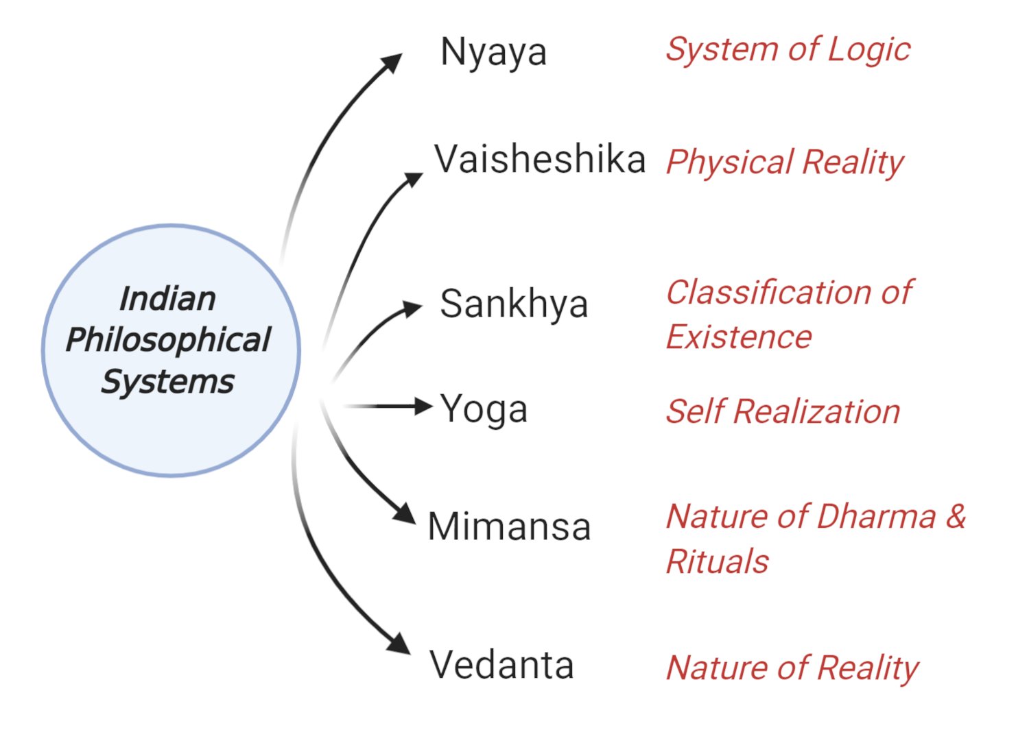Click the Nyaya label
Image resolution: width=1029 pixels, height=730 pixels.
pyautogui.click(x=493, y=52)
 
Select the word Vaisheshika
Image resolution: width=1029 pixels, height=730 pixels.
pyautogui.click(x=540, y=160)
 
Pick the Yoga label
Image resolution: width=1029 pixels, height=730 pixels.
pyautogui.click(x=484, y=410)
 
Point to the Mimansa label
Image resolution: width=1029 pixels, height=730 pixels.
pyautogui.click(x=509, y=527)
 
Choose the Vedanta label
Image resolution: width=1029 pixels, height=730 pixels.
pyautogui.click(x=501, y=665)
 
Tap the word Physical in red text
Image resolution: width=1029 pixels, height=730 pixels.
pyautogui.click(x=730, y=163)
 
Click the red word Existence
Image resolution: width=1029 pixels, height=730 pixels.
pyautogui.click(x=739, y=337)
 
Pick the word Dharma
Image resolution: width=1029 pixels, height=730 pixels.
pyautogui.click(x=876, y=516)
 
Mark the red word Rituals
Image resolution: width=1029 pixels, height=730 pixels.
pyautogui.click(x=718, y=561)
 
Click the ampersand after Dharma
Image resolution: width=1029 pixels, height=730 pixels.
pyautogui.click(x=956, y=515)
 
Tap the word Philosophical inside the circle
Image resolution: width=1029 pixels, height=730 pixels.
pyautogui.click(x=169, y=340)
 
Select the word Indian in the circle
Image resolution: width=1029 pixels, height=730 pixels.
pyautogui.click(x=167, y=299)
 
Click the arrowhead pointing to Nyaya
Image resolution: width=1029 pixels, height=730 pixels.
pyautogui.click(x=392, y=62)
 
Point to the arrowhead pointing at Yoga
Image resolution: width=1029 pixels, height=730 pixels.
pyautogui.click(x=422, y=406)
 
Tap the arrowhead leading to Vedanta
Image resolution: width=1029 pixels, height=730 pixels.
pyautogui.click(x=400, y=644)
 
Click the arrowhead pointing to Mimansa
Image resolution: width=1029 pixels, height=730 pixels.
pyautogui.click(x=405, y=513)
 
